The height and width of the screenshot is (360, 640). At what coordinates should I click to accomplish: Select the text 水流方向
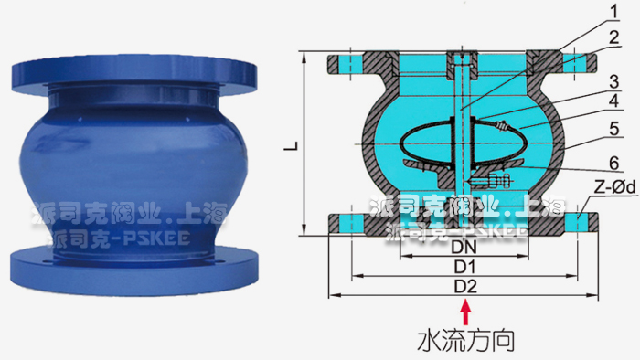(x=466, y=342)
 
